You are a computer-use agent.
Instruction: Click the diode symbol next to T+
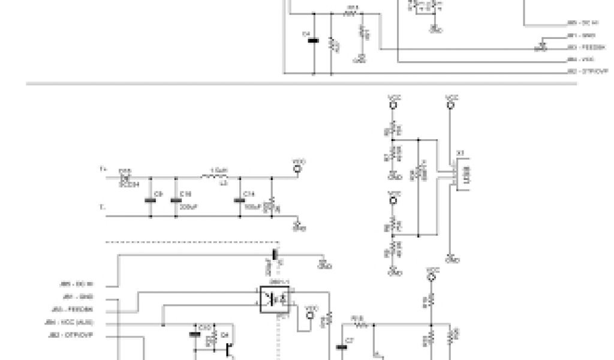[126, 178]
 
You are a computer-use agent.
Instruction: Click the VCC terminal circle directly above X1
[451, 104]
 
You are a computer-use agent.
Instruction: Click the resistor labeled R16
[360, 326]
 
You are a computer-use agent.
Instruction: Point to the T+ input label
[103, 170]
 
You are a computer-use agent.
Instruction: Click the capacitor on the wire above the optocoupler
[276, 254]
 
